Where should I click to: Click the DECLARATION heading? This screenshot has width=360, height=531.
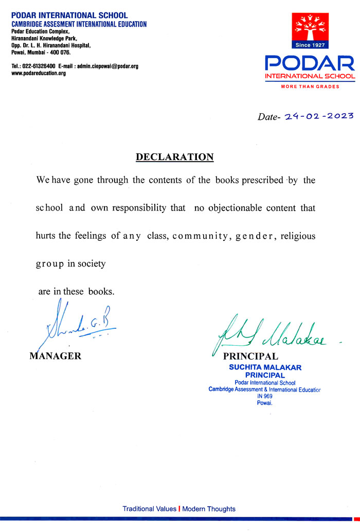click(174, 157)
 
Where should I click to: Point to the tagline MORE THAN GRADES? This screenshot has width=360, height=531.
click(310, 86)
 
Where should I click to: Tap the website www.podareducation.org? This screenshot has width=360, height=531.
click(39, 73)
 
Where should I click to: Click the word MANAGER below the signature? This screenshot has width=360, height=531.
click(56, 356)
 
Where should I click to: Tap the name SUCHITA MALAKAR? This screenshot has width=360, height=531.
click(265, 367)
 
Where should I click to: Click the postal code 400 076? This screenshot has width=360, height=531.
click(60, 52)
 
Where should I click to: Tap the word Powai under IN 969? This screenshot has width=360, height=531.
click(264, 403)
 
